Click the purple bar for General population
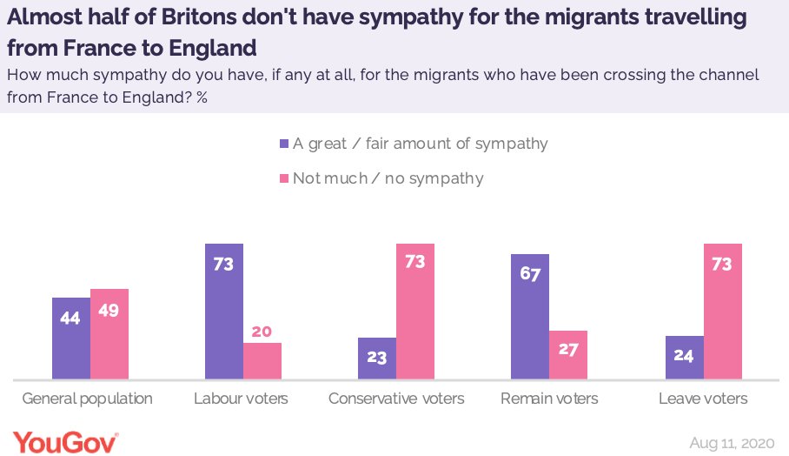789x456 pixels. point(70,339)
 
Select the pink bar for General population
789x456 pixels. point(109,334)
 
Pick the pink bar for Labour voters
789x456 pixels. point(262,361)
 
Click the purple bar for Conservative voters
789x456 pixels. point(377,359)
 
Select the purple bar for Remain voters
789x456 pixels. point(531,317)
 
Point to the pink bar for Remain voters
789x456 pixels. point(569,355)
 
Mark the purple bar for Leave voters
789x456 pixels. point(684,358)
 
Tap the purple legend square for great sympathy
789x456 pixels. point(283,144)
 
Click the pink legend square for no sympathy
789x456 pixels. point(283,178)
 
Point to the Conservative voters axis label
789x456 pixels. point(396,399)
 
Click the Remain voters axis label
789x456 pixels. point(549,399)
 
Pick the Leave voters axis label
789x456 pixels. point(703,399)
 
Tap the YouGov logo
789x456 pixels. point(65,441)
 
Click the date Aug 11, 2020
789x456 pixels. point(733,442)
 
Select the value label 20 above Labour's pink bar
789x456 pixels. point(262,332)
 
